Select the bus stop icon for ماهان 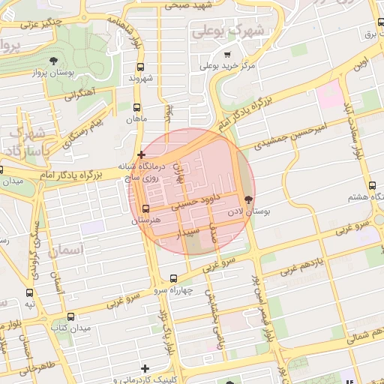point(137,106)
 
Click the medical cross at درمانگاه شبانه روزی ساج point(141,154)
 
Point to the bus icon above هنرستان point(145,208)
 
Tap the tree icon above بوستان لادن point(248,199)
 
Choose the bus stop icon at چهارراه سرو point(173,277)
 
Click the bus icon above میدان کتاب point(70,316)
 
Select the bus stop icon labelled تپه point(30,292)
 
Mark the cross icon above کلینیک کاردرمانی point(145,368)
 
